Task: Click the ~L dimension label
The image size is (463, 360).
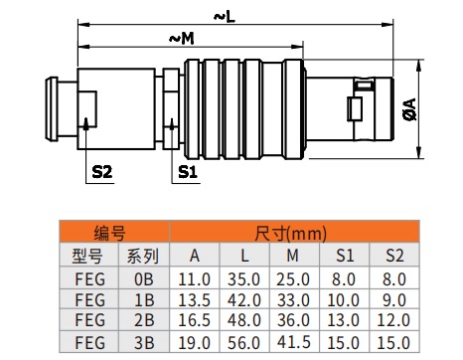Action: [225, 17]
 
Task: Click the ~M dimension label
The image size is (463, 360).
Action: [182, 39]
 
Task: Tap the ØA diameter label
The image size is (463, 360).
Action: [410, 109]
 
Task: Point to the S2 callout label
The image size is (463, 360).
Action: [102, 172]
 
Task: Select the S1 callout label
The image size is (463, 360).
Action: [188, 172]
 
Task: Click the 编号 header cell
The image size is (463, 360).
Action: [114, 232]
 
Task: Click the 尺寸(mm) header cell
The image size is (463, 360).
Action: [294, 232]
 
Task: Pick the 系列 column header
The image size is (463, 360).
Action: [144, 256]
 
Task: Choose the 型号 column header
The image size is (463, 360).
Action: [88, 256]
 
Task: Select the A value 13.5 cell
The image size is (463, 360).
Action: [195, 300]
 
